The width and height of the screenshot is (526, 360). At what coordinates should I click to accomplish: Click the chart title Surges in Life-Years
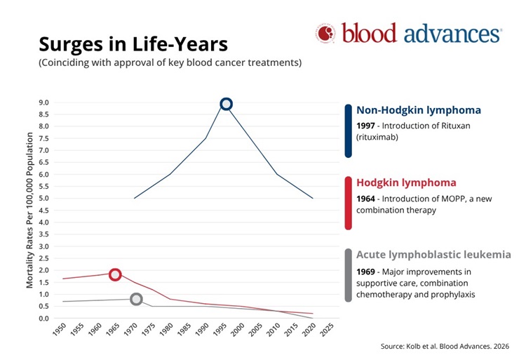[133, 44]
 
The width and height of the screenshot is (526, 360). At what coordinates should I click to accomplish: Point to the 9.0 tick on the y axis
[44, 102]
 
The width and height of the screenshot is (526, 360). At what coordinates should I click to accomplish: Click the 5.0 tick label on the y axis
[44, 199]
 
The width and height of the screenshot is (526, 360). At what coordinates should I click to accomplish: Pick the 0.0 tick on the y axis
[44, 318]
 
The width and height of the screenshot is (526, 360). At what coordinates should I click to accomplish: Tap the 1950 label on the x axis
[60, 329]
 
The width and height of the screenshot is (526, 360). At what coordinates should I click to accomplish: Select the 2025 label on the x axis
[327, 329]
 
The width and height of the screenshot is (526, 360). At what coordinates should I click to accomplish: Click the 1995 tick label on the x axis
[220, 329]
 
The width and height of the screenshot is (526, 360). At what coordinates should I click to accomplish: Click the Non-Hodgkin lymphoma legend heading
[419, 110]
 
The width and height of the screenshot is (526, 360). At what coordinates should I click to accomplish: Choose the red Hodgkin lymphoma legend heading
[406, 182]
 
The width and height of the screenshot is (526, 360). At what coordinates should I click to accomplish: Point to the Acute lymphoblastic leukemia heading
[433, 255]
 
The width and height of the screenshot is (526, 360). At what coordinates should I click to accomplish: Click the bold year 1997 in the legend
[365, 126]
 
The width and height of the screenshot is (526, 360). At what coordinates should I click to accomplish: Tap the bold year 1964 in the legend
[365, 199]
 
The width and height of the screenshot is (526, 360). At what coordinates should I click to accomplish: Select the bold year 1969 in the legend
[365, 272]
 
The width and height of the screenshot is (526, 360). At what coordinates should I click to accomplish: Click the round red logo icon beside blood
[325, 33]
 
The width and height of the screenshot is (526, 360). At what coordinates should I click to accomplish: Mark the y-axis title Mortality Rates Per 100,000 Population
[30, 210]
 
